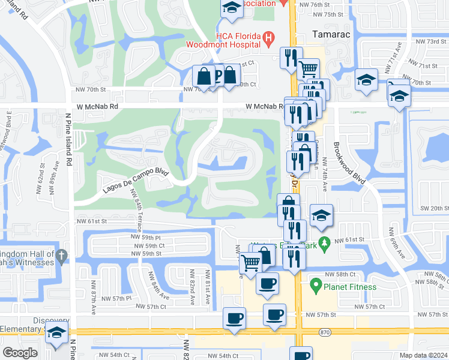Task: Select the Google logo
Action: coord(20,353)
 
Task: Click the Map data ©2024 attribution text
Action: coord(423,355)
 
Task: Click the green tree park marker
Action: coord(325,243)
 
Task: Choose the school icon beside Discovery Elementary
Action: coord(57,332)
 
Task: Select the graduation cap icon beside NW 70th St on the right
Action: coord(366,79)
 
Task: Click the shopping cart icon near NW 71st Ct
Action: coord(309,68)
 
